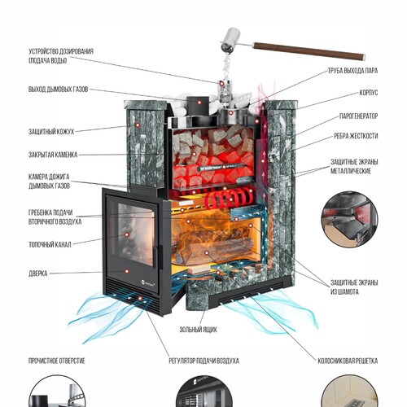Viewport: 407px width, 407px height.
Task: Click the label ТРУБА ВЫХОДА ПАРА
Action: tap(352, 71)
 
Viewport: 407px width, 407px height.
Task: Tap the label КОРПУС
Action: tap(368, 93)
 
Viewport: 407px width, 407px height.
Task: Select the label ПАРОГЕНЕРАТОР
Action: tap(358, 116)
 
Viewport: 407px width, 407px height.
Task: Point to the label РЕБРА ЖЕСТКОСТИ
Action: tap(356, 136)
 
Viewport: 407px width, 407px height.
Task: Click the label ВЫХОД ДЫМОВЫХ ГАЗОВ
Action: tap(59, 90)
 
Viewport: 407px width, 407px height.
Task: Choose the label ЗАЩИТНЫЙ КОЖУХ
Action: tap(51, 132)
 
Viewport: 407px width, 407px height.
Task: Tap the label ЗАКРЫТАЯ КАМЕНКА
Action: tap(53, 155)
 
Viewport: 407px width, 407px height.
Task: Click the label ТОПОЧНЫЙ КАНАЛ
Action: tap(50, 245)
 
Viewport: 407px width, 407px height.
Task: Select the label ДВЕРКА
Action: tap(38, 274)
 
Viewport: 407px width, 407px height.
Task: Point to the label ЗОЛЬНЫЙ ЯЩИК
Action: tap(198, 330)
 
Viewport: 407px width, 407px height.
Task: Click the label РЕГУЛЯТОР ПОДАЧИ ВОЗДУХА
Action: tap(203, 361)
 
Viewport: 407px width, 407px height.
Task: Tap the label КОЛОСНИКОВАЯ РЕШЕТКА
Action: tap(348, 361)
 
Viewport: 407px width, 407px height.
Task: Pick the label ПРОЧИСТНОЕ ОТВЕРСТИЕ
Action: tap(57, 361)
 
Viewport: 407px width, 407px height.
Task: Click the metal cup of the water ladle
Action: tap(230, 40)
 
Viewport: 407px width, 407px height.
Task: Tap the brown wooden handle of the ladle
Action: tap(309, 50)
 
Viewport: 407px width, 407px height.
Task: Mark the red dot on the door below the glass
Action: tap(127, 271)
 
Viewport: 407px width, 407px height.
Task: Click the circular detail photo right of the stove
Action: tap(350, 220)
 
